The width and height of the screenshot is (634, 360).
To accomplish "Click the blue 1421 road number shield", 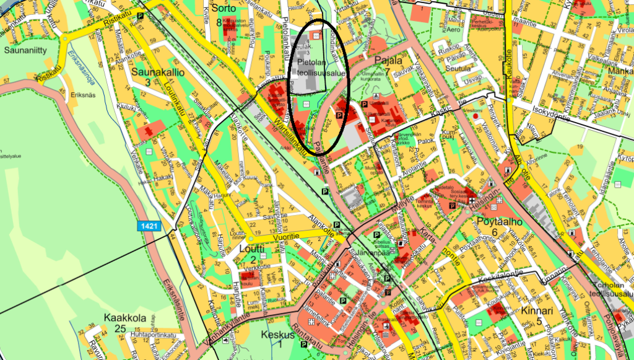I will coord(150,226).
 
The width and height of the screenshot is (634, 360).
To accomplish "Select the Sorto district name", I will coord(223,9).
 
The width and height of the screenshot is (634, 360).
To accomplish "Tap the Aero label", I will coord(454,29).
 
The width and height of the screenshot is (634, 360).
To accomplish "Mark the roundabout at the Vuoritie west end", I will coord(251,239).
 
